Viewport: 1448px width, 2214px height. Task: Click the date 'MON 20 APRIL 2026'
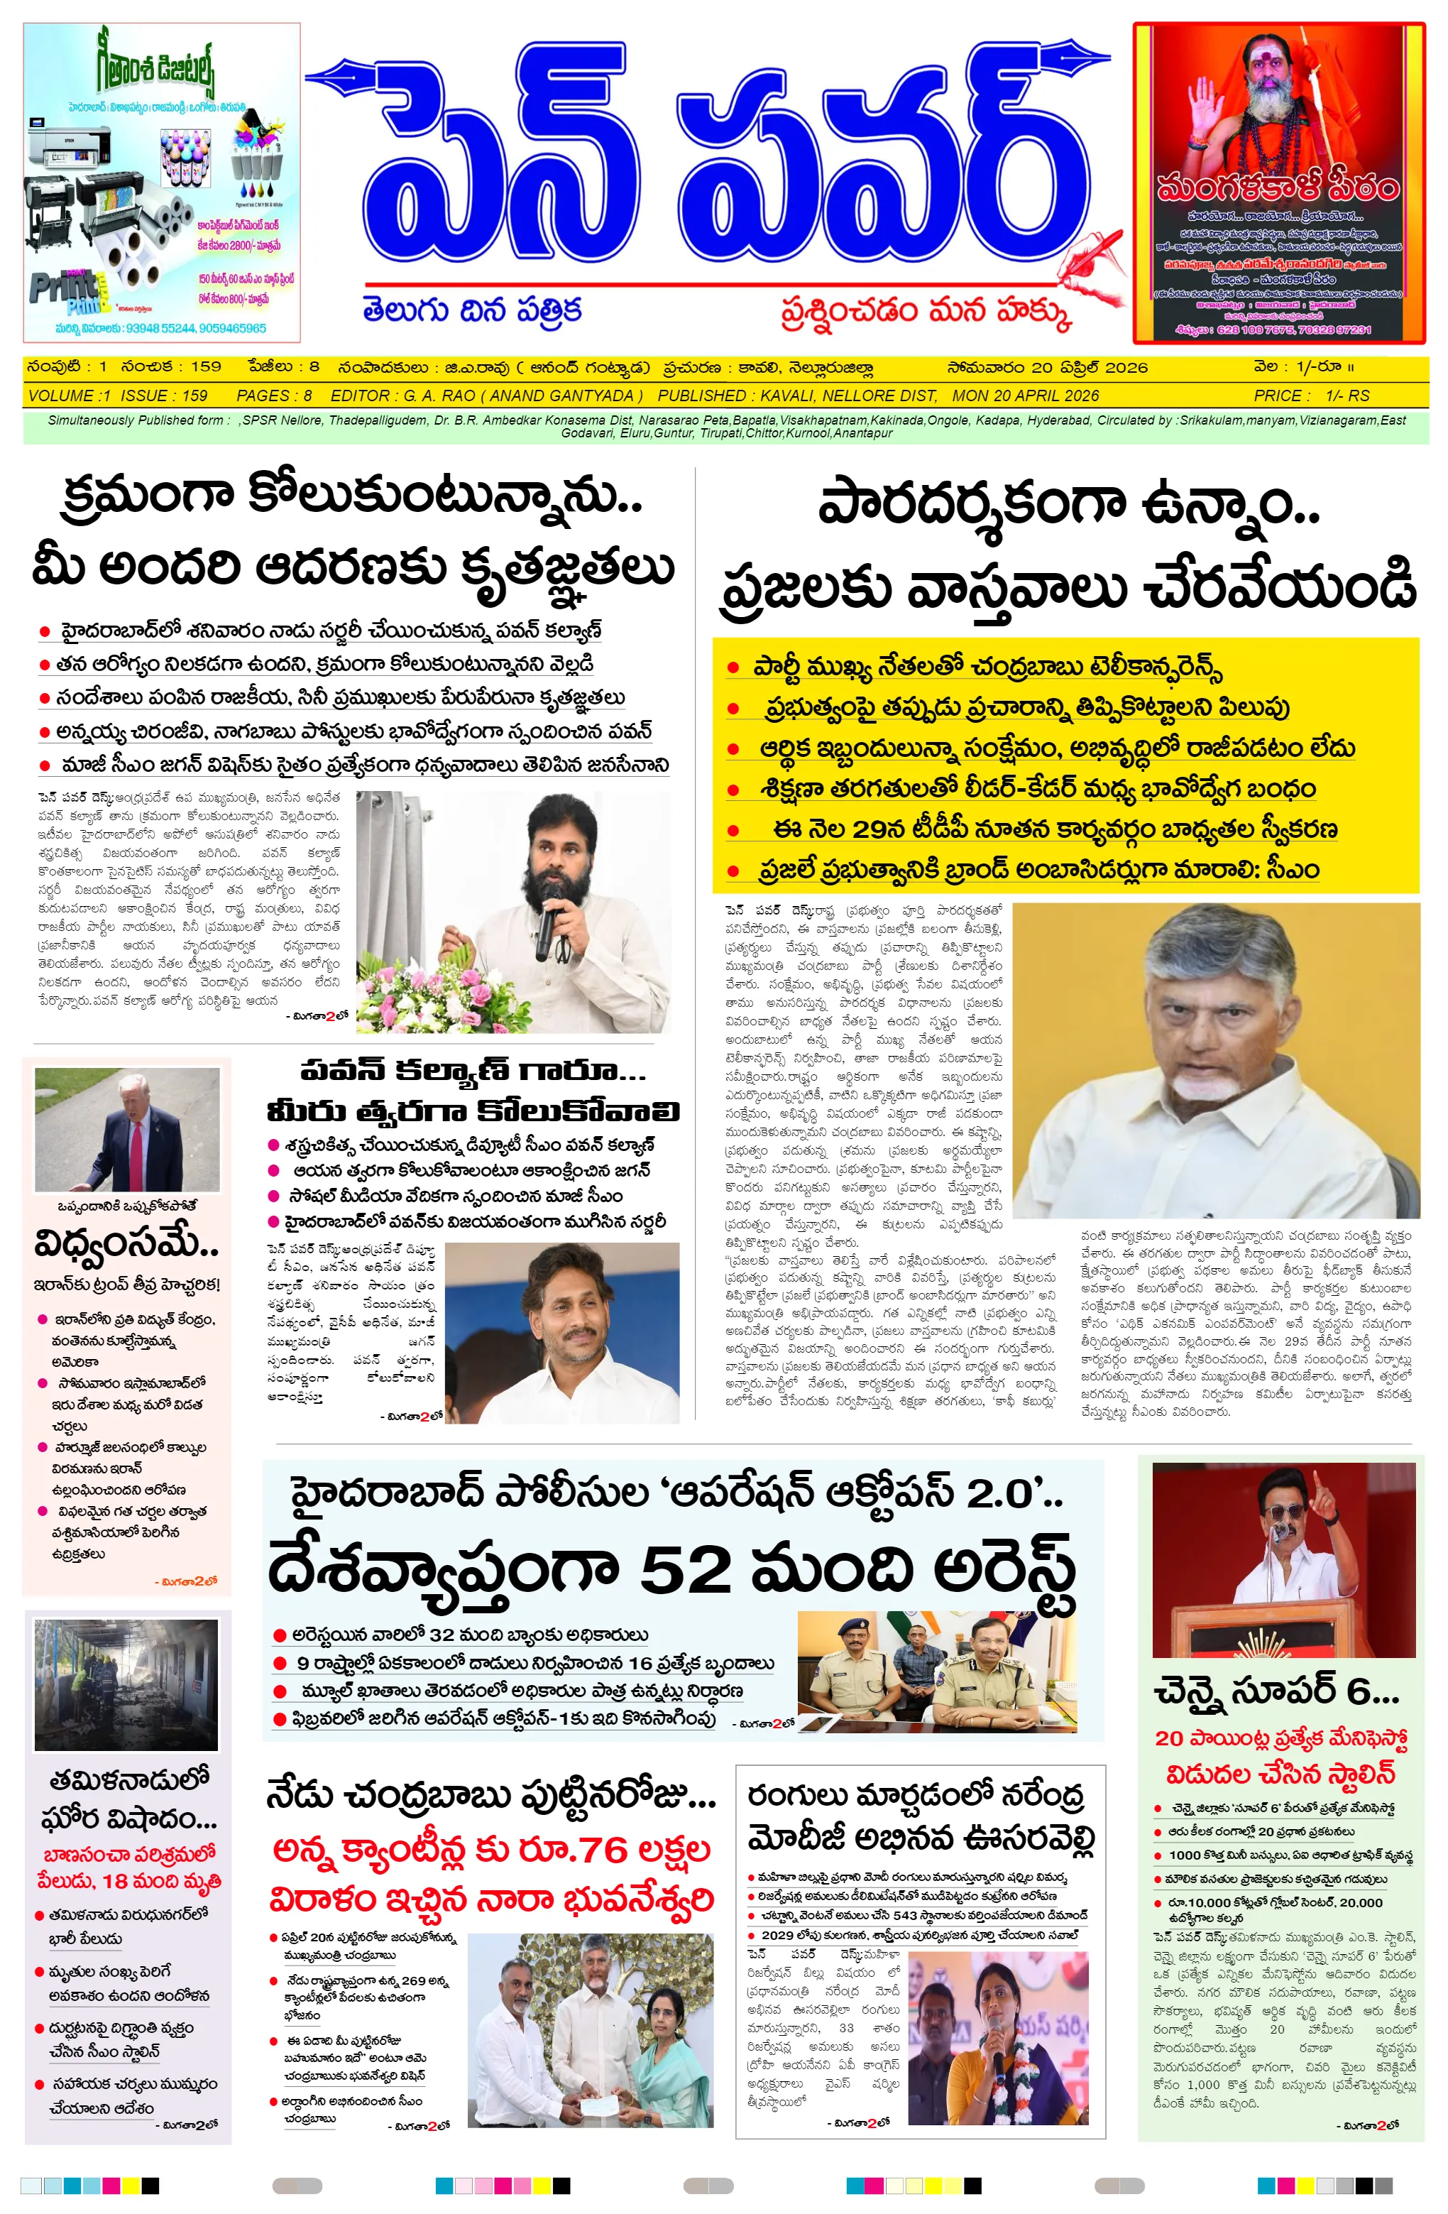point(1025,396)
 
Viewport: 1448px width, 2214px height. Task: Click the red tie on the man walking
point(137,1151)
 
